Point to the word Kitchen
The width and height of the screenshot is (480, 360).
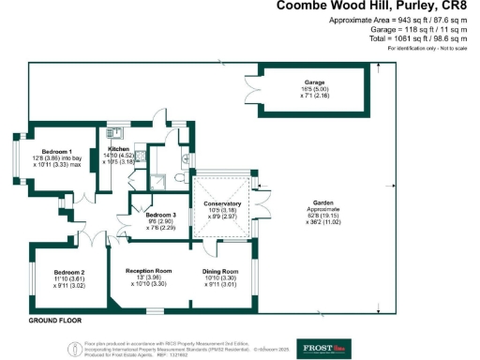click(x=119, y=149)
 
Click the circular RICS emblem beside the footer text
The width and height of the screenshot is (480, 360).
click(x=75, y=348)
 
